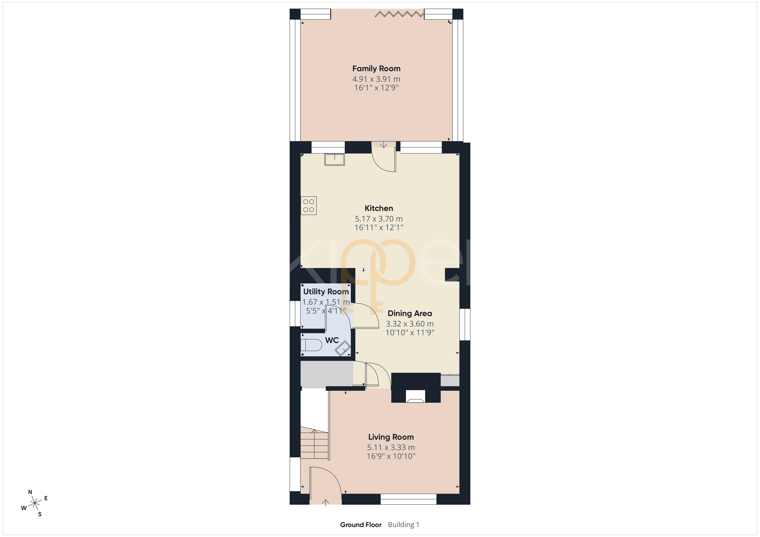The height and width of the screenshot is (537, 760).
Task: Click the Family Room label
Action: click(x=376, y=69)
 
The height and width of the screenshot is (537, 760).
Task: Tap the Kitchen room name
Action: click(x=379, y=208)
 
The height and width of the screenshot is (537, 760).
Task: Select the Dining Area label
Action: click(x=410, y=313)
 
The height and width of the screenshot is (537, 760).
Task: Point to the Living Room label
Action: click(x=391, y=437)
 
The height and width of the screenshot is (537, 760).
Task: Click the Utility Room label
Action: click(x=326, y=292)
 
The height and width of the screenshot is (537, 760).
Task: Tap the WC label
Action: click(x=332, y=340)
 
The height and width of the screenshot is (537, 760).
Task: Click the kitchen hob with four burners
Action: click(x=309, y=205)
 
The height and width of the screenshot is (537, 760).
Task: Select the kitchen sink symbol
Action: click(x=334, y=159)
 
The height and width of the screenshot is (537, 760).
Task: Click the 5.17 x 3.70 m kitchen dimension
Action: click(x=379, y=219)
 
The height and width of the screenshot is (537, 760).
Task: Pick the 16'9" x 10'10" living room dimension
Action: click(x=391, y=456)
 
